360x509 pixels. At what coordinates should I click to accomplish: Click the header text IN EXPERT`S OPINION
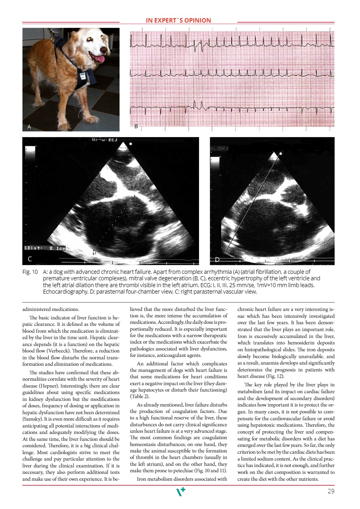[178, 21]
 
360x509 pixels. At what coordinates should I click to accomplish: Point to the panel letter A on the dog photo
[29, 127]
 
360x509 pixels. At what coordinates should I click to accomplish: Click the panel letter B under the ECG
[136, 127]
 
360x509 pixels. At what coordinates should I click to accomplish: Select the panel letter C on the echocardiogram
[30, 259]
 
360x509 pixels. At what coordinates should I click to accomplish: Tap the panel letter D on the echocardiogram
[217, 259]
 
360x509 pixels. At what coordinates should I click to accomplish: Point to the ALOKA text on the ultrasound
[220, 148]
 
